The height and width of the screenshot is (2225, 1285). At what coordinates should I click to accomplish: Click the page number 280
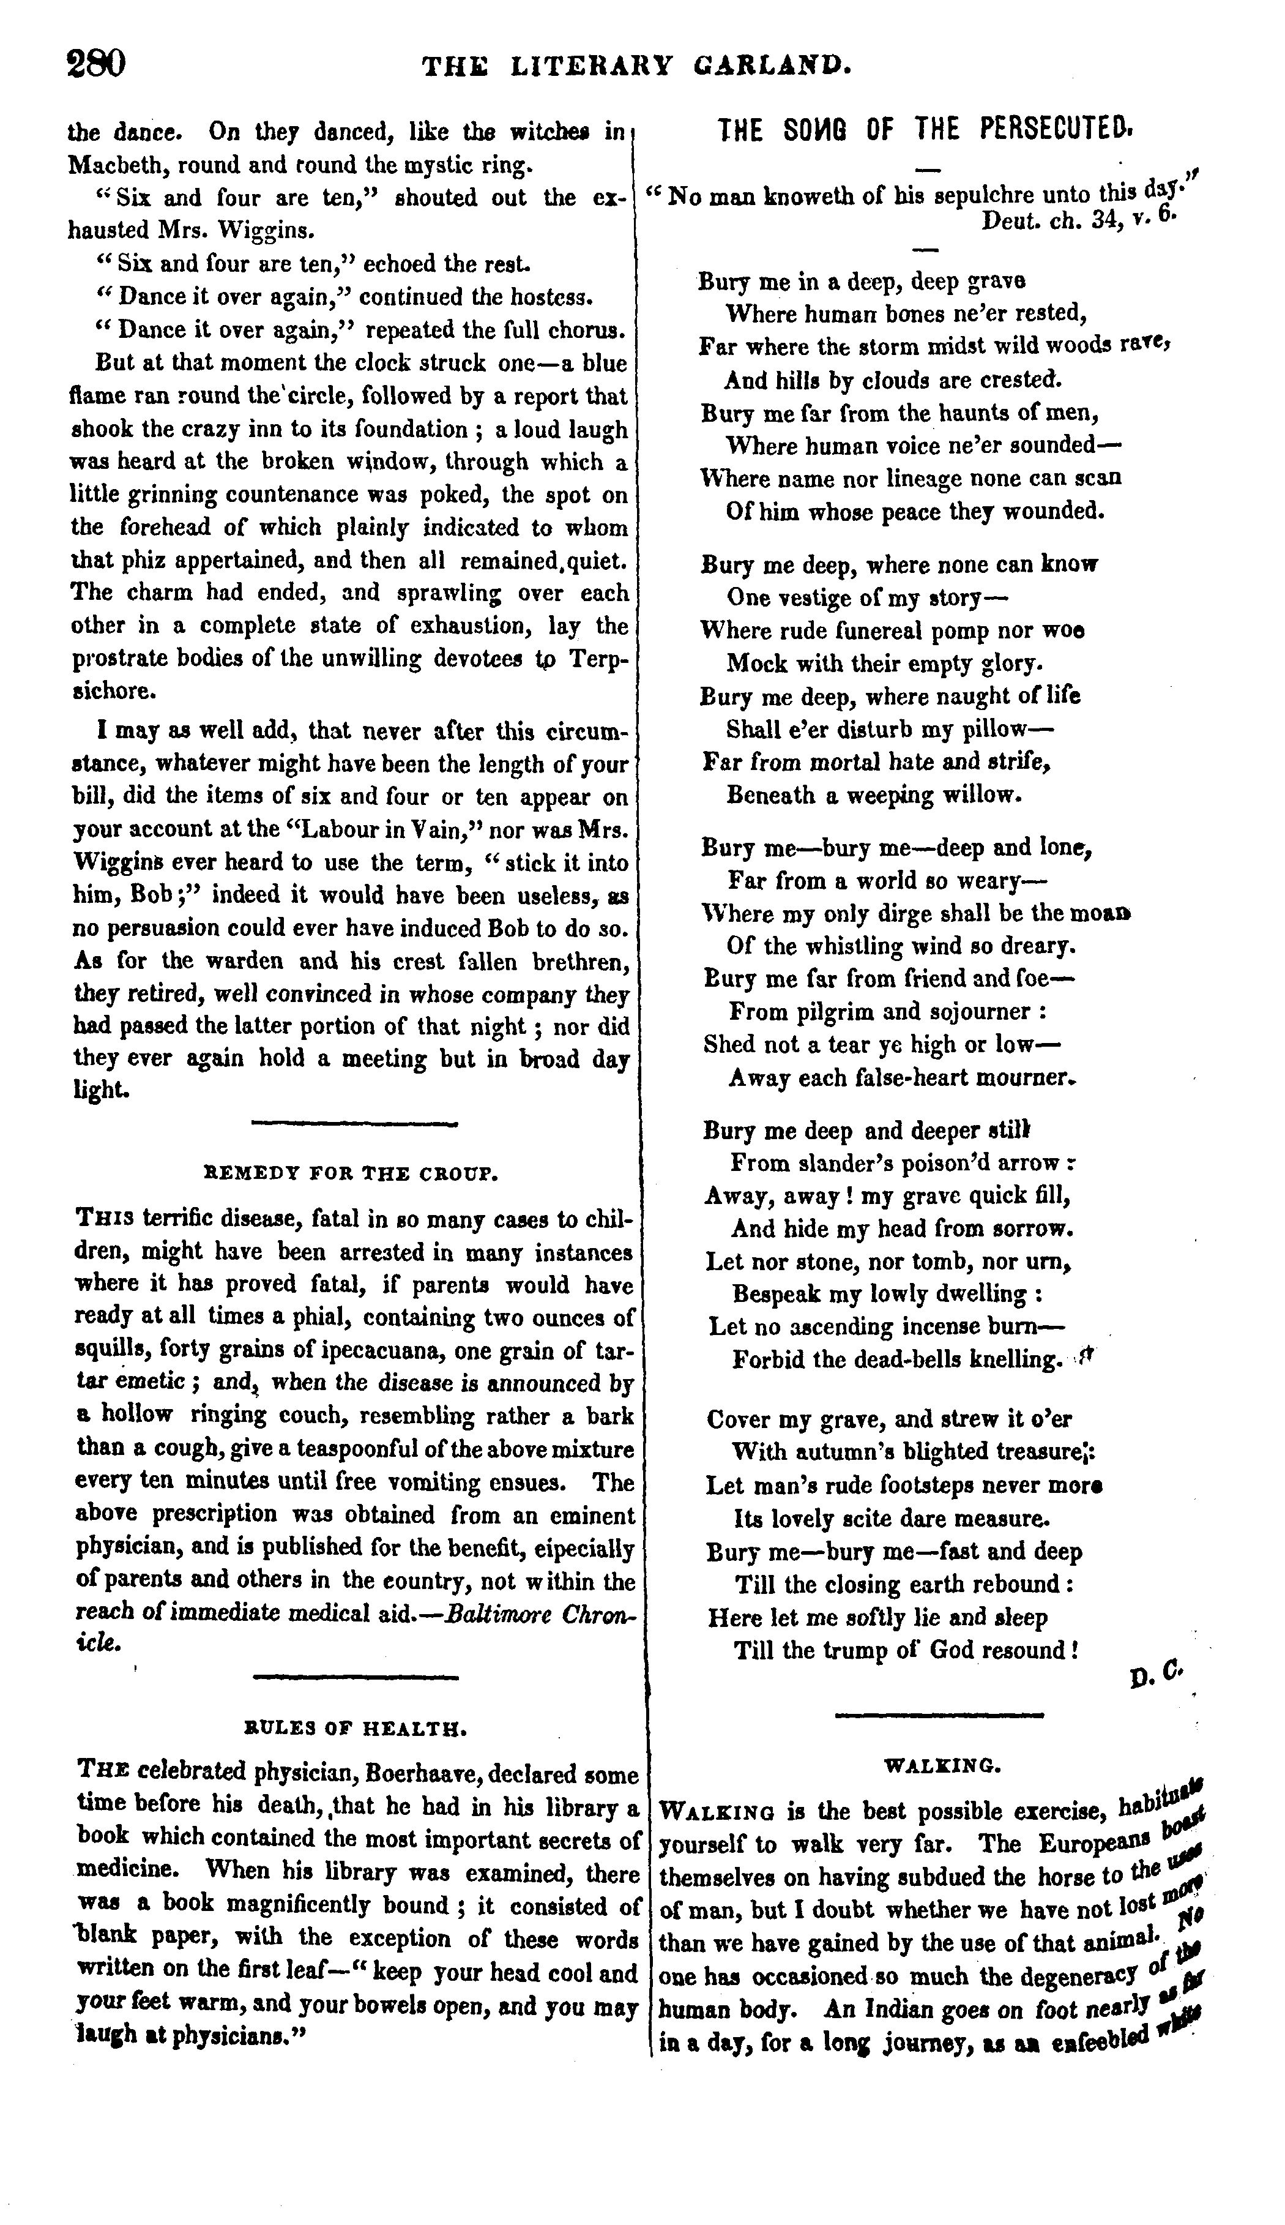[97, 64]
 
